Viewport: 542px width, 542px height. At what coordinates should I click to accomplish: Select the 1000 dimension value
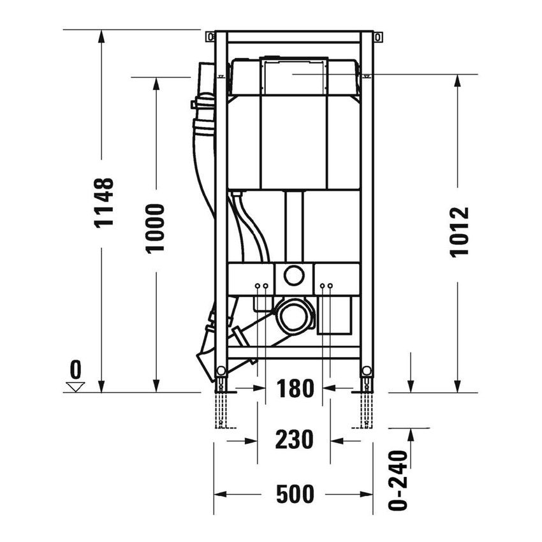tap(155, 228)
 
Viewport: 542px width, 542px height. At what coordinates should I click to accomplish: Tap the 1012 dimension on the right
tap(458, 231)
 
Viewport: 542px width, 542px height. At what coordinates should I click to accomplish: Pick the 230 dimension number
tap(294, 439)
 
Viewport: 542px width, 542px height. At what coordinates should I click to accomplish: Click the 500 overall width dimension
tap(294, 494)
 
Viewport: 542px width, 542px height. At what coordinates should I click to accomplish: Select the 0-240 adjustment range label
tap(398, 480)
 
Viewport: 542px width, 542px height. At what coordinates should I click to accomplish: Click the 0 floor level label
tap(77, 369)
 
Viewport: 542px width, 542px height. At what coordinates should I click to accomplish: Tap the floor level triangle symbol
tap(77, 386)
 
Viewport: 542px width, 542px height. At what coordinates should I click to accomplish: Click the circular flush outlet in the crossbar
tap(294, 276)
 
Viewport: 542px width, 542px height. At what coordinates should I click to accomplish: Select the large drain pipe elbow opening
tap(294, 316)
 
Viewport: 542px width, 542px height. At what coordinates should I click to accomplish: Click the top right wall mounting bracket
tap(378, 37)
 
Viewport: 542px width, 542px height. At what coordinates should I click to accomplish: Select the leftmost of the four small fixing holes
tap(258, 286)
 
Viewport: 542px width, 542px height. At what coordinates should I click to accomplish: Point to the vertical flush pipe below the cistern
tap(293, 226)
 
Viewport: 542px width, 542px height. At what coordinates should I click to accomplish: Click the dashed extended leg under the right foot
tap(366, 411)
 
